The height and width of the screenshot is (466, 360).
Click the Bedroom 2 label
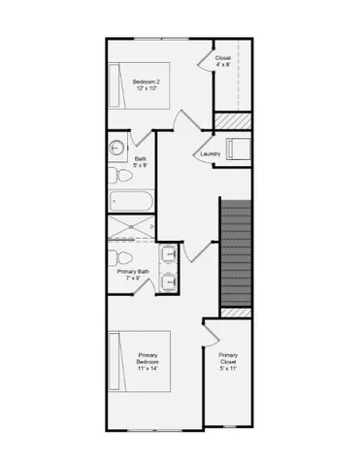coord(148,85)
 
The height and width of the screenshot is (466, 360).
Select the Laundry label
coord(210,154)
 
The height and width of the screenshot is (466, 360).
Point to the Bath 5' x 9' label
coord(141,163)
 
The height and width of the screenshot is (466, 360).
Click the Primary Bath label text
coord(133,275)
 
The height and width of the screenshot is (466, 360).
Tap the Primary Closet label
coord(229,360)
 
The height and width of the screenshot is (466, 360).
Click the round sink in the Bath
coord(116,149)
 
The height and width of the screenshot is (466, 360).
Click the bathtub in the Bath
coord(130,202)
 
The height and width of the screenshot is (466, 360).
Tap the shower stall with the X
coord(130,228)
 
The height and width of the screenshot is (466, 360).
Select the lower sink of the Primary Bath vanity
coord(168,283)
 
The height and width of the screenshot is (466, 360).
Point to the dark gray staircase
coord(238,252)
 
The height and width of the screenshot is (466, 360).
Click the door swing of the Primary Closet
coord(212,332)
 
